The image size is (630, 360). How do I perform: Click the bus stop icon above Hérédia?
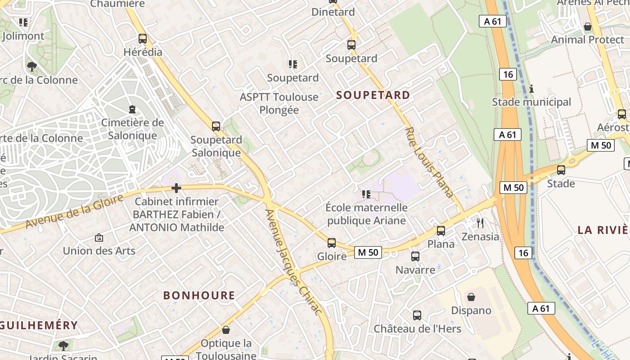143,39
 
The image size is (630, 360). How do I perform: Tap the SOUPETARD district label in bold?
373,95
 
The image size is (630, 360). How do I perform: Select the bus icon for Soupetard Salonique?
216,126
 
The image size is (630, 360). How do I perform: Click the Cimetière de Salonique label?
132,129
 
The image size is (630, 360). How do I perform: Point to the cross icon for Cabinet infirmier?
176,188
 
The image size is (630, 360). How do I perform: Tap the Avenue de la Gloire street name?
74,211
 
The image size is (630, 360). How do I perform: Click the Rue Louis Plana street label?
429,162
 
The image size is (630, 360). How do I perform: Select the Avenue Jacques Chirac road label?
293,262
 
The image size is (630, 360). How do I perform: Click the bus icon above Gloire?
332,243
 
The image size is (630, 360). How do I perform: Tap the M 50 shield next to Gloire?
368,252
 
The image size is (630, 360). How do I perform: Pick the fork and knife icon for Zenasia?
481,223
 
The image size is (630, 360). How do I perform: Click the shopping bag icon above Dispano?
471,297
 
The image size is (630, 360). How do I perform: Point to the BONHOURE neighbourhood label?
199,295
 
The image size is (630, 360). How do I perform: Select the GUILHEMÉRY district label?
39,325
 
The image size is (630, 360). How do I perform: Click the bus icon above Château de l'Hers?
417,315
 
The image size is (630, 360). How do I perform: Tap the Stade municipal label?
531,102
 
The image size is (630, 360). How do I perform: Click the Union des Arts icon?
99,237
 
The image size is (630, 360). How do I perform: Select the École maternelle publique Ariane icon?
366,194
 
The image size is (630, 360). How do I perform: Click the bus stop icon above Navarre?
415,256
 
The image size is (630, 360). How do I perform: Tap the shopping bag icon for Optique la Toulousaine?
226,330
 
